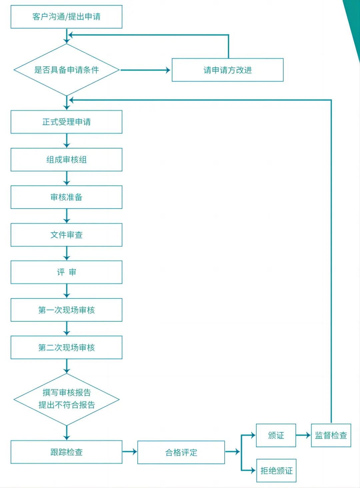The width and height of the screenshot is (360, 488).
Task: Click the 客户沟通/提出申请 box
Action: coord(66,17)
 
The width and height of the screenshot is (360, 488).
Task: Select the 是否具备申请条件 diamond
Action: coord(66,70)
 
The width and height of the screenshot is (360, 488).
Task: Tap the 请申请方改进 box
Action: coord(227,70)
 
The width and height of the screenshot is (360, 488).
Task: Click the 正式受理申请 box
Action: coord(66,122)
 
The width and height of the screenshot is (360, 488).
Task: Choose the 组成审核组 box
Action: coord(66,160)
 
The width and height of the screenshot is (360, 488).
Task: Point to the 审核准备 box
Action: coord(66,197)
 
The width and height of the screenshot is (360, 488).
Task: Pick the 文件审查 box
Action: coord(66,235)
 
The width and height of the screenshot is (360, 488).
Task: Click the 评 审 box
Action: coord(66,272)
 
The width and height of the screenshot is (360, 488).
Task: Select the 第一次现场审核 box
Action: coord(66,310)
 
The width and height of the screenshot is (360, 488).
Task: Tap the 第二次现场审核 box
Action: coord(66,348)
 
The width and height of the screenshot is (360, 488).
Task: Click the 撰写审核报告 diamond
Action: coord(66,399)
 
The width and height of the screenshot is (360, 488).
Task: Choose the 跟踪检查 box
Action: coord(66,452)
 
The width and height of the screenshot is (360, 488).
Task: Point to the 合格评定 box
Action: coord(181,452)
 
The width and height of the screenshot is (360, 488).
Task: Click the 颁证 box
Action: coord(276,435)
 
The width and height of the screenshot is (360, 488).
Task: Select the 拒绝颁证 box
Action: coord(276,471)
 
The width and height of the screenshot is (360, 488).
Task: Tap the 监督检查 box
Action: coord(331,435)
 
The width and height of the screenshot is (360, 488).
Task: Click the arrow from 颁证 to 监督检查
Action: coord(303,435)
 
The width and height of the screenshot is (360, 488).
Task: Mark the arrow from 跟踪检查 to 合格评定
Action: coord(130,452)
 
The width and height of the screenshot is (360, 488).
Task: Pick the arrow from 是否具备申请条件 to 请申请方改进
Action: coord(145,70)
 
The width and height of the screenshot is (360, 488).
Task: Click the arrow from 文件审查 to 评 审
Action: coord(67,254)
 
